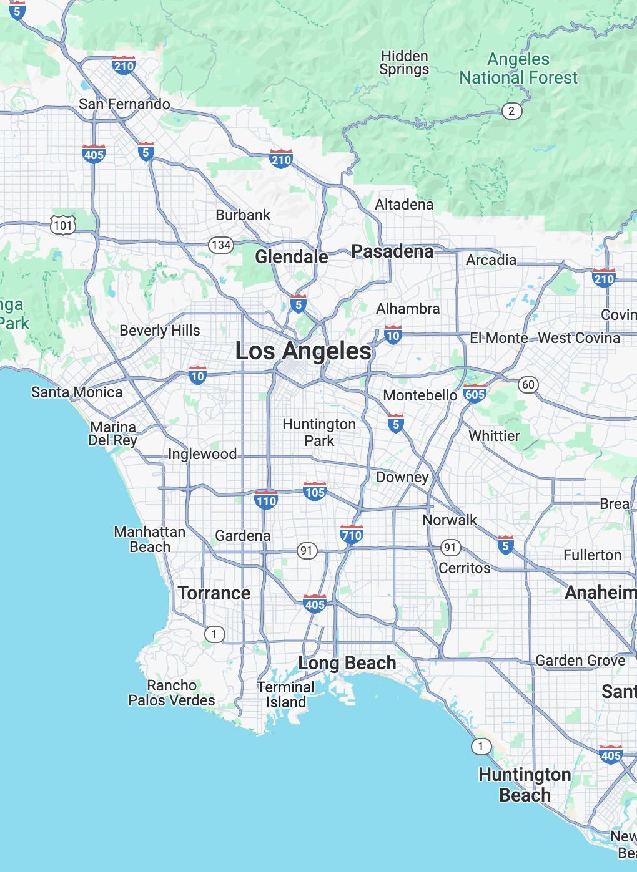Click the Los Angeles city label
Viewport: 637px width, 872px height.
[304, 351]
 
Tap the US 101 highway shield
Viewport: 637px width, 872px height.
[63, 225]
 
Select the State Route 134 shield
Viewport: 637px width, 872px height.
[221, 245]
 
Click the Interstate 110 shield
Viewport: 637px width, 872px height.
[266, 500]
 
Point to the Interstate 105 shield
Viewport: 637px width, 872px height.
[315, 492]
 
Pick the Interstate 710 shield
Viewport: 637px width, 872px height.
[352, 535]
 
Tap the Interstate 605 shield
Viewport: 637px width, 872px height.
[475, 394]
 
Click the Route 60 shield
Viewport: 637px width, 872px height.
[528, 384]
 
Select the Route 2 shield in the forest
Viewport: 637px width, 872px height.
[511, 111]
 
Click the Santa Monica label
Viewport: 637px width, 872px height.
[77, 392]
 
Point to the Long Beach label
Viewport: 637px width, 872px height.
[347, 663]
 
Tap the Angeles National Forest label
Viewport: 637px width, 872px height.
[518, 69]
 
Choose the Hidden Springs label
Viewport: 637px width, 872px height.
[404, 63]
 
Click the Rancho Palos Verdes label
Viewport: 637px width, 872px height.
[172, 693]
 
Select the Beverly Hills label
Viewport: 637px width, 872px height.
[160, 331]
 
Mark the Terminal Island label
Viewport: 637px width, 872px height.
[286, 695]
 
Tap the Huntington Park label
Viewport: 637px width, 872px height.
[319, 432]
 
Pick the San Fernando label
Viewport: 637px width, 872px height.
[124, 104]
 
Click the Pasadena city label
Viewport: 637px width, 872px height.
[392, 251]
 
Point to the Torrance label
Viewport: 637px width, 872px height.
[214, 593]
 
